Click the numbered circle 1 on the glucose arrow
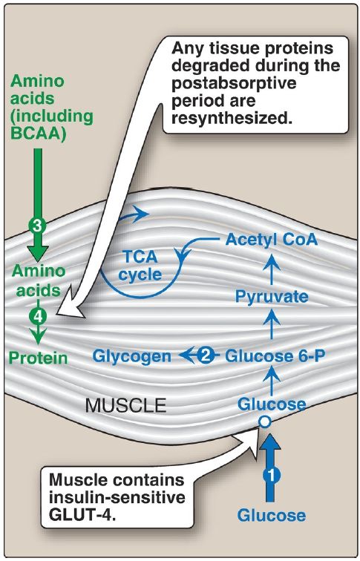pos(272,475)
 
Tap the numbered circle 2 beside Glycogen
pos(205,355)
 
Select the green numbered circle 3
pos(38,226)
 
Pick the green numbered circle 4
pos(38,316)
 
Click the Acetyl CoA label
pos(272,240)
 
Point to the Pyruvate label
pos(272,297)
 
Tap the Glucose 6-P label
pos(275,355)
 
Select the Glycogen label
pos(131,357)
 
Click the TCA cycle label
pos(140,265)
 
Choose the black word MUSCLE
pos(126,405)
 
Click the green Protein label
pos(38,358)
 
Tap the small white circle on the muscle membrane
pos(265,421)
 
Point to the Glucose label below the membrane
pos(272,515)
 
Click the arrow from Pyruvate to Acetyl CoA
pos(272,269)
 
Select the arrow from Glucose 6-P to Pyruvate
pos(272,324)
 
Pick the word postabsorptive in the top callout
pos(234,83)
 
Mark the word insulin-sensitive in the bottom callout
pos(117,498)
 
